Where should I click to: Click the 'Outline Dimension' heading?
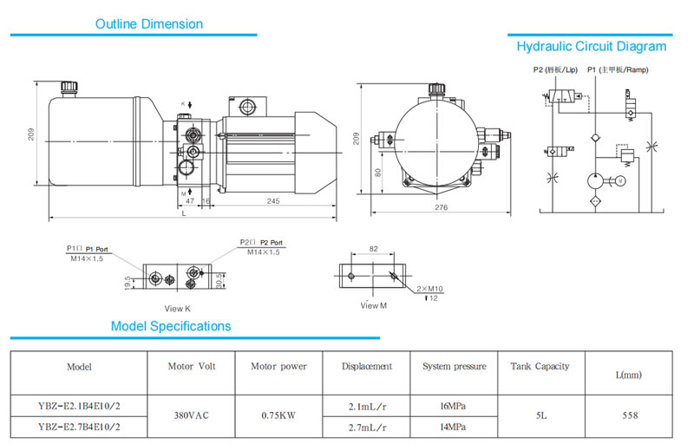click(149, 24)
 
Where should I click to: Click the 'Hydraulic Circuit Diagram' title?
click(592, 47)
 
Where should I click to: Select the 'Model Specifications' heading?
click(171, 326)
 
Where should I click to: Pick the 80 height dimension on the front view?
click(376, 173)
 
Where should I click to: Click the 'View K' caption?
click(177, 308)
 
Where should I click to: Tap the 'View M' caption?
click(374, 305)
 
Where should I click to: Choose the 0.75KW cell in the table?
click(278, 415)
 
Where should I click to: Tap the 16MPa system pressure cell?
click(454, 405)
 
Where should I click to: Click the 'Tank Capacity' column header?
click(540, 367)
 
